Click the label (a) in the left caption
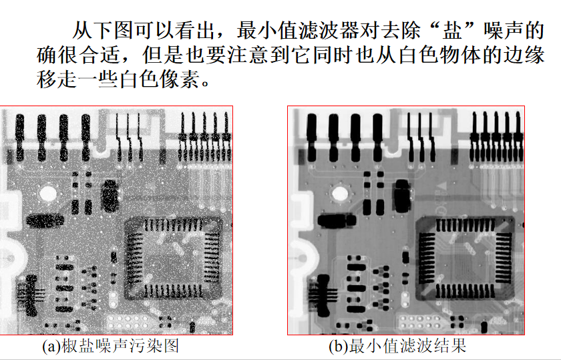pos(51,347)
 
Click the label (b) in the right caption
pos(338,347)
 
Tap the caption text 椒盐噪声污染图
pos(120,347)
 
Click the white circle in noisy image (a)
pos(48,194)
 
